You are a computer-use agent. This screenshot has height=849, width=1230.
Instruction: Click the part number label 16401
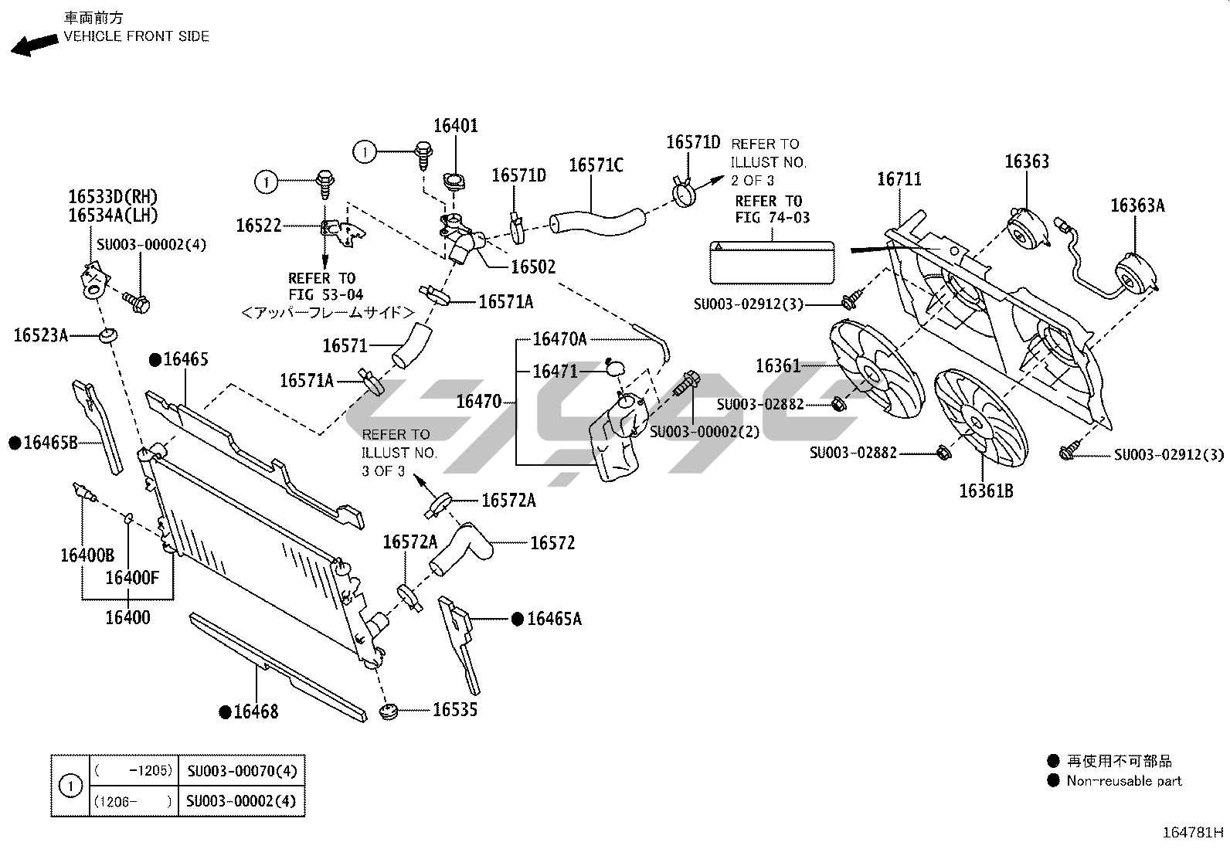point(455,126)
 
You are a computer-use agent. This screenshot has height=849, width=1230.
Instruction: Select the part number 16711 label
point(899,179)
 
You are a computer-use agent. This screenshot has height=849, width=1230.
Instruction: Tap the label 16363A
point(1137,205)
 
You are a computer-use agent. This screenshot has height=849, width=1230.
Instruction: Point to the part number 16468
point(256,711)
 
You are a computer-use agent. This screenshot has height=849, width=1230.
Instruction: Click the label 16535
point(455,709)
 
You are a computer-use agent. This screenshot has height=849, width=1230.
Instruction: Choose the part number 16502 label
point(533,267)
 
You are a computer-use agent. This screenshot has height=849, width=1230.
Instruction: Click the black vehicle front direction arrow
point(34,44)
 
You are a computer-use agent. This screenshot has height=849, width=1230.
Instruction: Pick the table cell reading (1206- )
point(132,801)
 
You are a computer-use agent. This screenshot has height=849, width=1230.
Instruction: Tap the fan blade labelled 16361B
point(980,419)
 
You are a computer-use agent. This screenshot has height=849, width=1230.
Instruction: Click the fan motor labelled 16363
point(1025,229)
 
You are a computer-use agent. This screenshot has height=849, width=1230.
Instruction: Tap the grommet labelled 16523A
point(107,336)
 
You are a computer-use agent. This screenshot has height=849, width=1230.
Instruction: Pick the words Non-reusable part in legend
point(1124,781)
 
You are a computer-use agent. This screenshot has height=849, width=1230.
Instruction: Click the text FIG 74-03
point(772,218)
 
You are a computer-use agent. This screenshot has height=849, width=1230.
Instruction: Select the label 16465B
point(50,443)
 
